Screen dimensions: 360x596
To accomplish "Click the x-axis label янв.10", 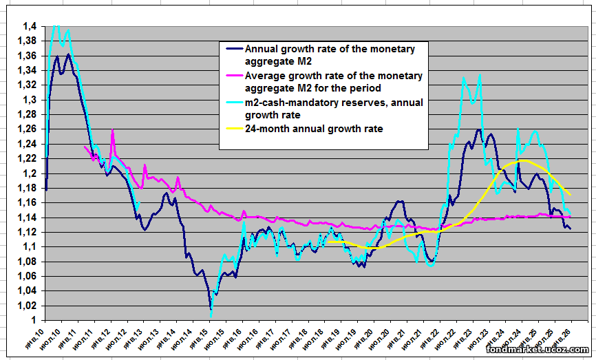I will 36,337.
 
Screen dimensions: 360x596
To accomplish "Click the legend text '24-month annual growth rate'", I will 314,129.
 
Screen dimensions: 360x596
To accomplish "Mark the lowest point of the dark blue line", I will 211,309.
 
